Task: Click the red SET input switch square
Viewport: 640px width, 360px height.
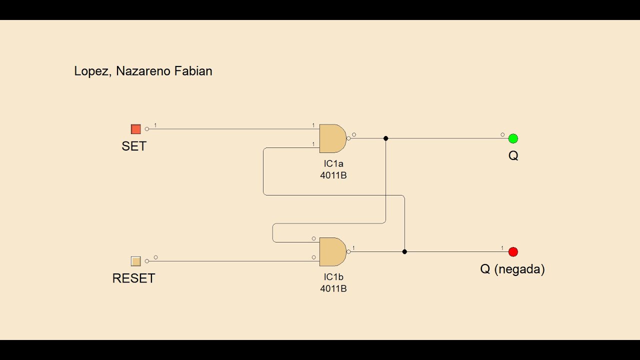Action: coord(135,129)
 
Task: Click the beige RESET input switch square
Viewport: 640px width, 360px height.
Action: coord(135,261)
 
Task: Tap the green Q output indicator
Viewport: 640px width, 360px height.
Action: coord(513,138)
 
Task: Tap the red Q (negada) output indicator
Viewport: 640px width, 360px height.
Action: coord(513,252)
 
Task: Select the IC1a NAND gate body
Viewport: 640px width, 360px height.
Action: coord(332,138)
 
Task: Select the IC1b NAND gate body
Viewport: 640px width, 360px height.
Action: coord(332,252)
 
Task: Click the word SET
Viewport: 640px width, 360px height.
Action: coord(134,146)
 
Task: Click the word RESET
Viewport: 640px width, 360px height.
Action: coord(133,278)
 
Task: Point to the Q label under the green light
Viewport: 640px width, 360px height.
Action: coord(513,155)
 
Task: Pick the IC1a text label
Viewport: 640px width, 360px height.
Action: coord(333,163)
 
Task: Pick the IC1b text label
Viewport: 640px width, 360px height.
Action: coord(333,277)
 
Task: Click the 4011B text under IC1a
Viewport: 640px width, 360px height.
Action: coord(333,175)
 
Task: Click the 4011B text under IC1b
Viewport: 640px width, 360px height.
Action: coord(333,288)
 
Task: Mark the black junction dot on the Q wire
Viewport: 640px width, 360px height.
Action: coord(385,138)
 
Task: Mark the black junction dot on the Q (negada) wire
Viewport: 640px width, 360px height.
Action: coord(404,251)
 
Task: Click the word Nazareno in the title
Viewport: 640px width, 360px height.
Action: coord(143,71)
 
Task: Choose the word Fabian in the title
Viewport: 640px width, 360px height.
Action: coord(193,71)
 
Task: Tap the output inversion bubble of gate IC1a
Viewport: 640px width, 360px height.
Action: coord(348,138)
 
